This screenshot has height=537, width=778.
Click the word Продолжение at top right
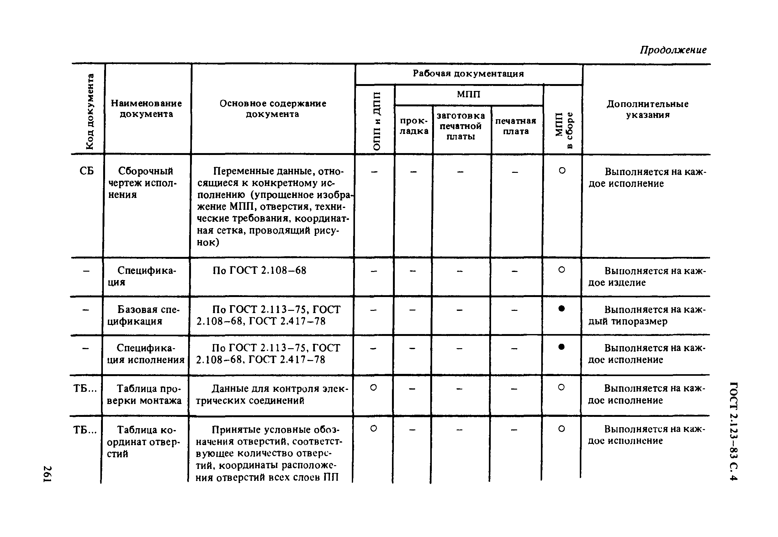click(673, 50)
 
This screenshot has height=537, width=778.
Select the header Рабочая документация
click(468, 73)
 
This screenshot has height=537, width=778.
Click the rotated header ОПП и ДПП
click(377, 121)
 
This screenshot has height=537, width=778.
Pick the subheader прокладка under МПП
click(414, 126)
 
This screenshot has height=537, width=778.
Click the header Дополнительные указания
click(647, 109)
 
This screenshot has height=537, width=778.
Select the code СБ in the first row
click(87, 171)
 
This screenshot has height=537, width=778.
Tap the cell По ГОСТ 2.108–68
click(259, 270)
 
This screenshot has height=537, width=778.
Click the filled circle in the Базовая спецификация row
click(561, 309)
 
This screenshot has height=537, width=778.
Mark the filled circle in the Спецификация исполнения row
click(561, 347)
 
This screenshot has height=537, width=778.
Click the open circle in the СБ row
click(562, 171)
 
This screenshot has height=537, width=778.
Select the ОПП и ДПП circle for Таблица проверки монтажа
click(373, 388)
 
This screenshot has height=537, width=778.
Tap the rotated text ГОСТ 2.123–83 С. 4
click(733, 431)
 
